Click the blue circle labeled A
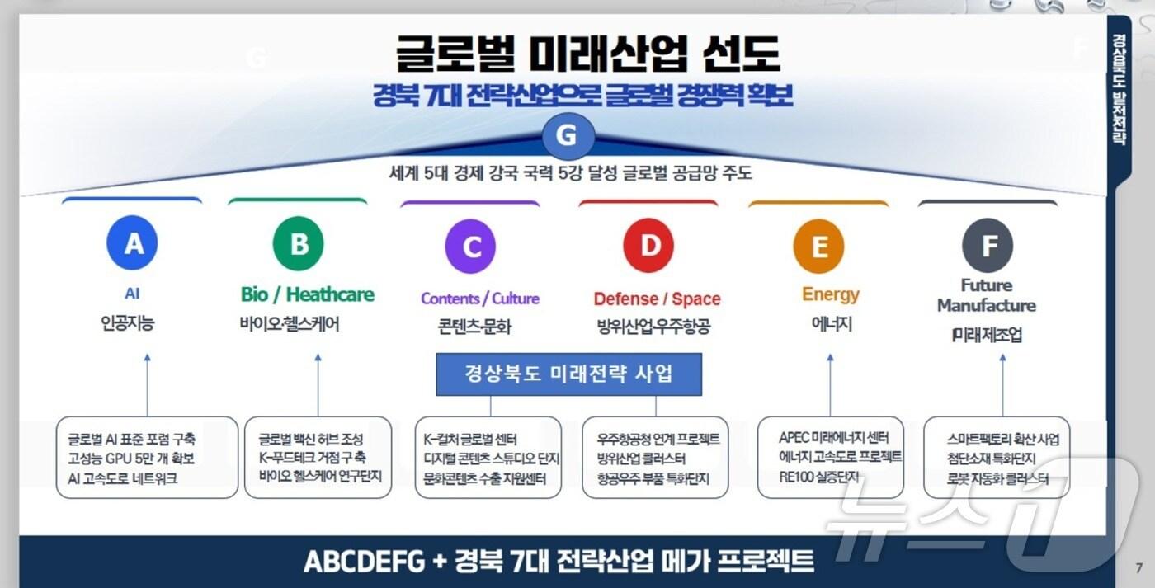(132, 243)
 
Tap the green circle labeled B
(299, 244)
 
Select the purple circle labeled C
(470, 247)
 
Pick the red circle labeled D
(649, 246)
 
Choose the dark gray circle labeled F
(987, 246)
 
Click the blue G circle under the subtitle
(566, 134)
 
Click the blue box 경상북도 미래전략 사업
(568, 374)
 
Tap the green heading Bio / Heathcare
(308, 294)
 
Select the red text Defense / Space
(657, 299)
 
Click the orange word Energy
(830, 294)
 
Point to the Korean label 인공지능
(128, 324)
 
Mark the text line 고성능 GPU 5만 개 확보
(131, 459)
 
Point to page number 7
(1138, 568)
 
